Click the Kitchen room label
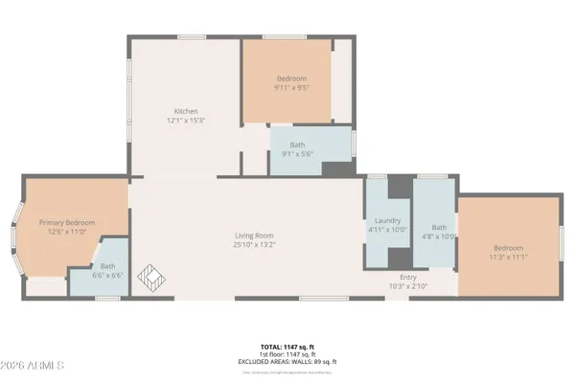click(185, 110)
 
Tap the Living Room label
click(255, 236)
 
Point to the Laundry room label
click(387, 219)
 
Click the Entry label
click(408, 277)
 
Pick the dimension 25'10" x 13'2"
click(255, 245)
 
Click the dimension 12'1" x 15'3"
click(185, 120)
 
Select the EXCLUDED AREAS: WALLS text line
click(287, 361)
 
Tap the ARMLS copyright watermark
click(34, 366)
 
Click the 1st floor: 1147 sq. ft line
click(287, 353)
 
